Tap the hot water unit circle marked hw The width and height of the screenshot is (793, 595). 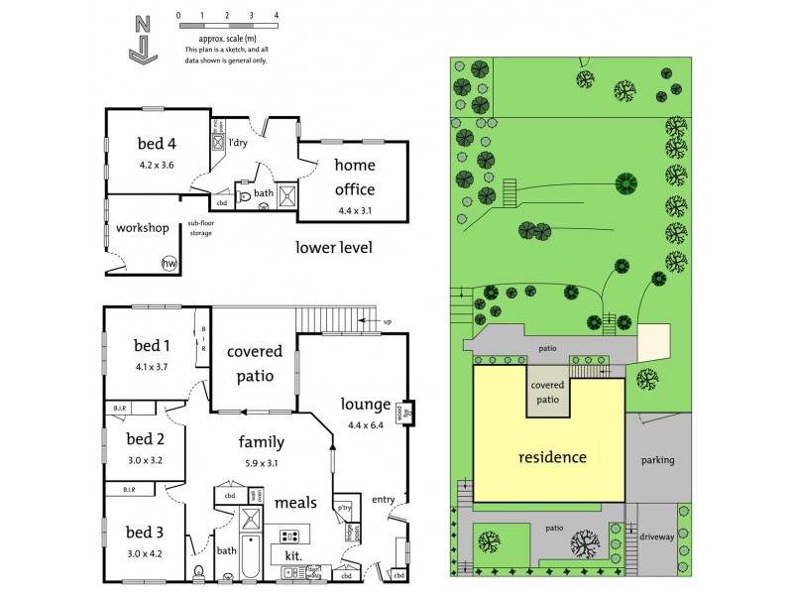[170, 263]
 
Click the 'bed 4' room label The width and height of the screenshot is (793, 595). [157, 143]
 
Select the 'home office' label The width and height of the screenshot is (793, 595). [354, 177]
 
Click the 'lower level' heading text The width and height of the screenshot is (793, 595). [334, 247]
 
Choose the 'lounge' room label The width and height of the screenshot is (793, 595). [366, 404]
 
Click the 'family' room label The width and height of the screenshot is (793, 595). [262, 441]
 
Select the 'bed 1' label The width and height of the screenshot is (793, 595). [153, 345]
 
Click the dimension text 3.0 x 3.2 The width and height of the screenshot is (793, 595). [145, 459]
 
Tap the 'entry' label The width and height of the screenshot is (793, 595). [383, 499]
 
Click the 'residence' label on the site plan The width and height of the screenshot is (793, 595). [553, 457]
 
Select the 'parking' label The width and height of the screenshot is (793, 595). [657, 460]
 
